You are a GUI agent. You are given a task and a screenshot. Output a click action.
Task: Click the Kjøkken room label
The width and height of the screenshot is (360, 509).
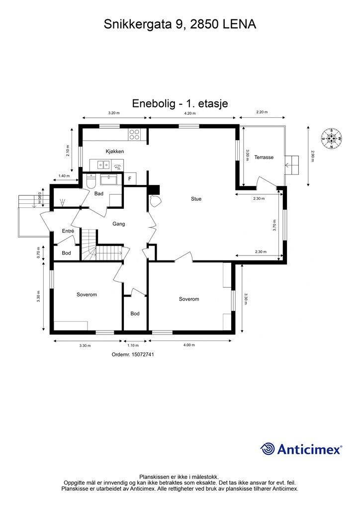(x=114, y=151)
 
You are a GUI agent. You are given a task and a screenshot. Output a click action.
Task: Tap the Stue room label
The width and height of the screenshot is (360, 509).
(x=196, y=199)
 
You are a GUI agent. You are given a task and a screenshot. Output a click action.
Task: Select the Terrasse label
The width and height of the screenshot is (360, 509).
(x=264, y=157)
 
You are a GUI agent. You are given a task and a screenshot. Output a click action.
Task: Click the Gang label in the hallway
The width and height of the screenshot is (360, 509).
(x=118, y=224)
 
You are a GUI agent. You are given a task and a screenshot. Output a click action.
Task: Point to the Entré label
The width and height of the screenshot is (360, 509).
(x=68, y=231)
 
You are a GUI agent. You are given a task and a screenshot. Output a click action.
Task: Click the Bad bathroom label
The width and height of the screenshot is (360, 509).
(x=99, y=193)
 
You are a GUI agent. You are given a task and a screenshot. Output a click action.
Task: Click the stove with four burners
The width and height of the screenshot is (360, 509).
(x=135, y=133)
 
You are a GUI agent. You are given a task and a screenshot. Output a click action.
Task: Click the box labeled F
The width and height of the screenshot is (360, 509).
(x=130, y=178)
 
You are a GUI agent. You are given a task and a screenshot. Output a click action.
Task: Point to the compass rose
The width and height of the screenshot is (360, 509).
(x=332, y=138)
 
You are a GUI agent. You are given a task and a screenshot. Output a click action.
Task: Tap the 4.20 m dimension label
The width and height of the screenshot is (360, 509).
(x=189, y=113)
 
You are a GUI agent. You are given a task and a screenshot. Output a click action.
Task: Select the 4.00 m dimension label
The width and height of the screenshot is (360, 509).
(x=189, y=345)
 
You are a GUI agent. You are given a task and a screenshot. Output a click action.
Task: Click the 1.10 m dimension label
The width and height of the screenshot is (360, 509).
(x=132, y=345)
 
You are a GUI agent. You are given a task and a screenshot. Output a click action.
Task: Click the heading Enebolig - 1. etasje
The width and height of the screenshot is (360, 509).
(x=180, y=103)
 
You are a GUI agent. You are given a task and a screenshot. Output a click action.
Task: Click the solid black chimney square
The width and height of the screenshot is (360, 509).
(x=154, y=189)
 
